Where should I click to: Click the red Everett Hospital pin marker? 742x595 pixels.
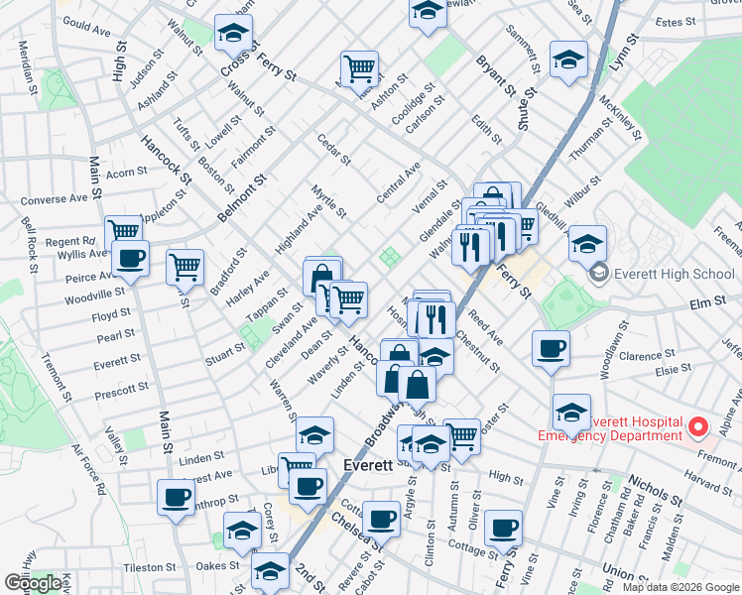698,428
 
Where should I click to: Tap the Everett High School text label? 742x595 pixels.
675,274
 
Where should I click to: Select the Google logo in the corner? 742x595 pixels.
33,583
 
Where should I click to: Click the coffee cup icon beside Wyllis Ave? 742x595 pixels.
130,260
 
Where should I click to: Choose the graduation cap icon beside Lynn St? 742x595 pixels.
568,59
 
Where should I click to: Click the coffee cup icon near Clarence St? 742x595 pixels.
551,347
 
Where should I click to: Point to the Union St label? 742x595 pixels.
627,572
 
